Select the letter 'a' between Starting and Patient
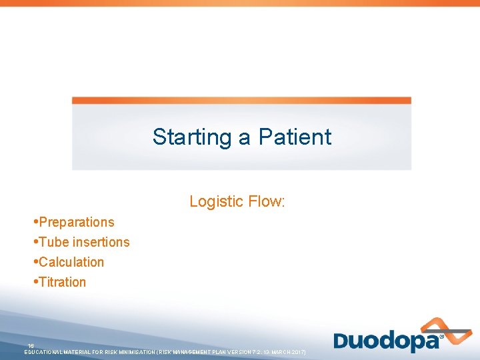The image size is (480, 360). click(x=245, y=138)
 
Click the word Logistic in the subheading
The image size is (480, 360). click(x=215, y=201)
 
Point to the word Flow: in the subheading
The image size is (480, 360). click(x=265, y=201)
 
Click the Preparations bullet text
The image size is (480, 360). click(x=77, y=223)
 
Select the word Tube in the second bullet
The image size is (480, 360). click(x=53, y=242)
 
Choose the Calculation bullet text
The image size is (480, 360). click(x=71, y=262)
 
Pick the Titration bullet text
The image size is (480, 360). click(x=63, y=282)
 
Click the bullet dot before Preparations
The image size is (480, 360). click(x=35, y=222)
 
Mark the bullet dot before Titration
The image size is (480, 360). click(x=35, y=282)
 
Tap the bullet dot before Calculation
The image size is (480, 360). click(x=35, y=262)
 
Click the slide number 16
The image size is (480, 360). click(x=31, y=345)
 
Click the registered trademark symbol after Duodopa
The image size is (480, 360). click(x=441, y=337)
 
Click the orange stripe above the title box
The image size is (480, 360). click(x=241, y=101)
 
